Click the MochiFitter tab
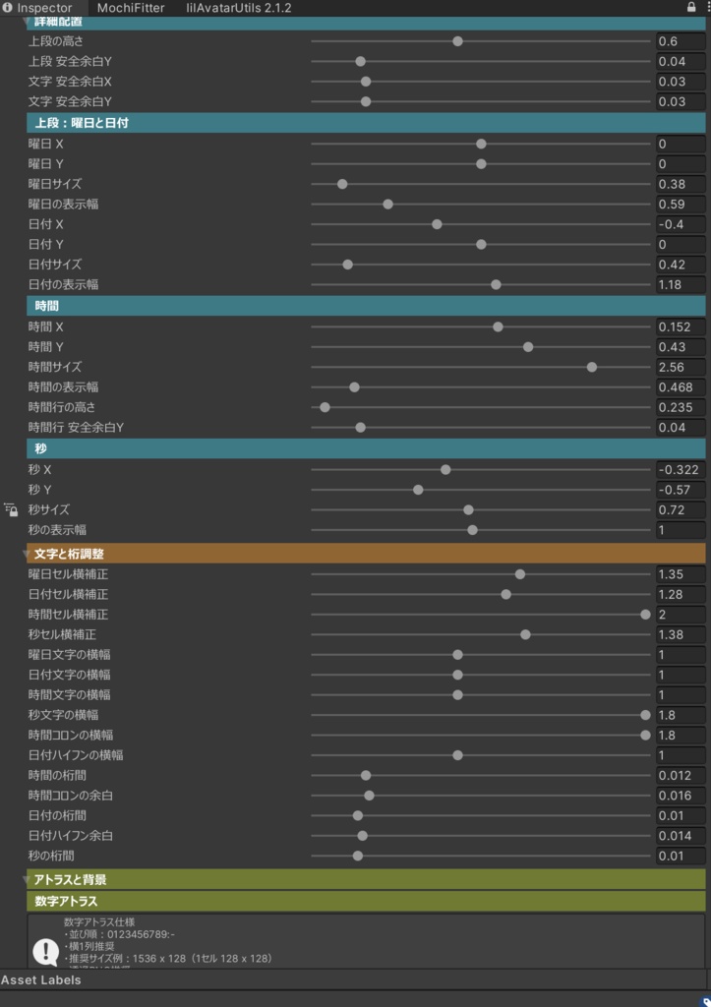tap(131, 8)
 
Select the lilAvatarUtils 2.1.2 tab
tap(238, 8)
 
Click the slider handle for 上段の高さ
tap(458, 41)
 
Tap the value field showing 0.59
tap(681, 205)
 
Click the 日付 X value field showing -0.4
tap(681, 224)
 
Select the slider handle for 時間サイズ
tap(592, 367)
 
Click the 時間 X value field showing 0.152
tap(681, 326)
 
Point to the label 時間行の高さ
tap(62, 407)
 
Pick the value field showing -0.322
tap(681, 470)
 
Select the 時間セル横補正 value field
tap(681, 615)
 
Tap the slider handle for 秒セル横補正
tap(525, 634)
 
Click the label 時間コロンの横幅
tap(71, 736)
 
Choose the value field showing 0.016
tap(681, 796)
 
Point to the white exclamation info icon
tap(45, 951)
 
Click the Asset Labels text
tap(41, 980)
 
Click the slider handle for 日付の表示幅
tap(496, 284)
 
